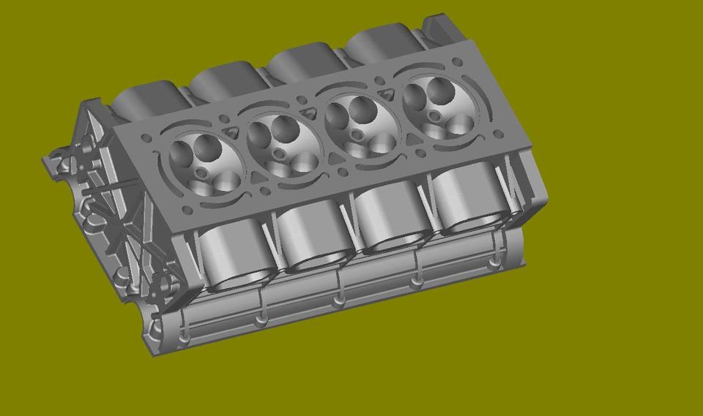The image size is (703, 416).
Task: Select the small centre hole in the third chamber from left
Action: click(357, 135)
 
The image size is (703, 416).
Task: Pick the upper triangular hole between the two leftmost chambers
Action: click(233, 130)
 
